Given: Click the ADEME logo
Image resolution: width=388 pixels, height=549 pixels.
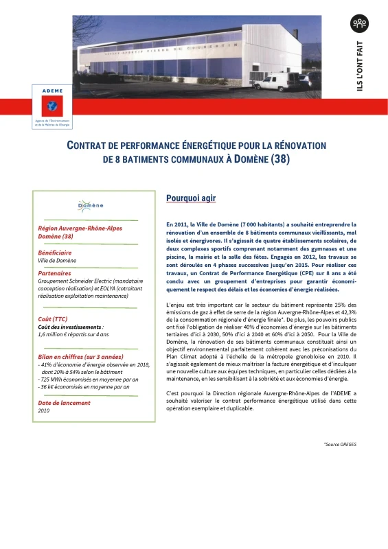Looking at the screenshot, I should click(x=54, y=106).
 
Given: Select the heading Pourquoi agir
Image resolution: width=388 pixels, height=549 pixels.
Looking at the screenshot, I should click(x=191, y=199).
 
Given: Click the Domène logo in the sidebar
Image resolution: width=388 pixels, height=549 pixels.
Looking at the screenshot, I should click(x=90, y=205).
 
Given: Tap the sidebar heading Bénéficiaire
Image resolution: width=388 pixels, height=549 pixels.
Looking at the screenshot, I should click(x=59, y=253).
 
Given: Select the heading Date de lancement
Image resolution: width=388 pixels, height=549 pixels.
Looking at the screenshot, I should click(x=65, y=402).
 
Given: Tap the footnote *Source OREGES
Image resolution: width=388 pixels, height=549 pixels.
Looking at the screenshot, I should click(x=340, y=445).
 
